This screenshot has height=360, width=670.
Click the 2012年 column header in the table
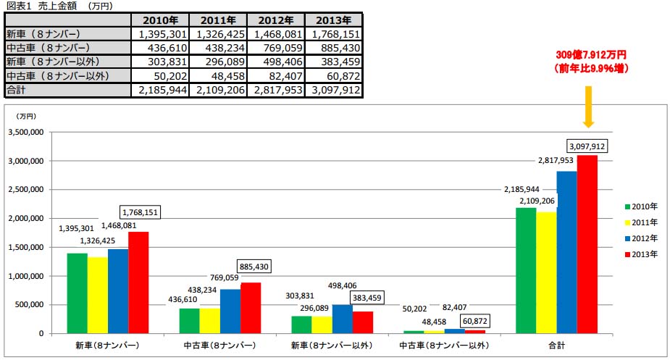275,20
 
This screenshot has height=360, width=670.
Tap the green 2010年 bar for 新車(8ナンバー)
77,293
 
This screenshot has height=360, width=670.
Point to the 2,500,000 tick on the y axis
26,189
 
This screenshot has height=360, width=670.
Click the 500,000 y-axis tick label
30,305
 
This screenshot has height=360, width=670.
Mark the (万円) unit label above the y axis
26,116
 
